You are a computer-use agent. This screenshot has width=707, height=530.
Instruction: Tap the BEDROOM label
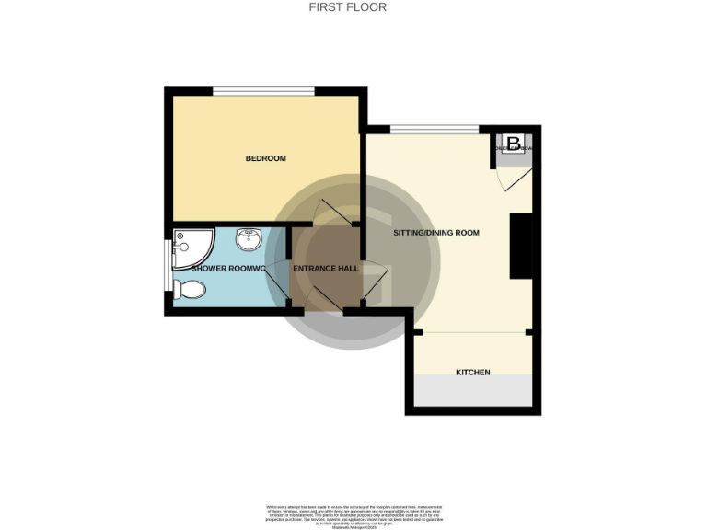click(x=265, y=158)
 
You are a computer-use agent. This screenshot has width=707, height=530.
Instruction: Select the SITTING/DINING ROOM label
click(x=436, y=234)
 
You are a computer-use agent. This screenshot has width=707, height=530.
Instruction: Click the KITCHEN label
click(x=473, y=373)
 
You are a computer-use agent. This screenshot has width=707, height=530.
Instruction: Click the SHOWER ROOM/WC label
click(x=228, y=269)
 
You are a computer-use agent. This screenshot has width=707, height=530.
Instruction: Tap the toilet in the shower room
click(x=190, y=289)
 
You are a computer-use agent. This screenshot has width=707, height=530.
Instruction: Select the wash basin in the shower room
click(x=249, y=240)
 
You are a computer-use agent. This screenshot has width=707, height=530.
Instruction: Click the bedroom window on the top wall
click(x=263, y=90)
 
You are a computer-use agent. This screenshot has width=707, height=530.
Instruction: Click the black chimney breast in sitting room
click(x=521, y=245)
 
